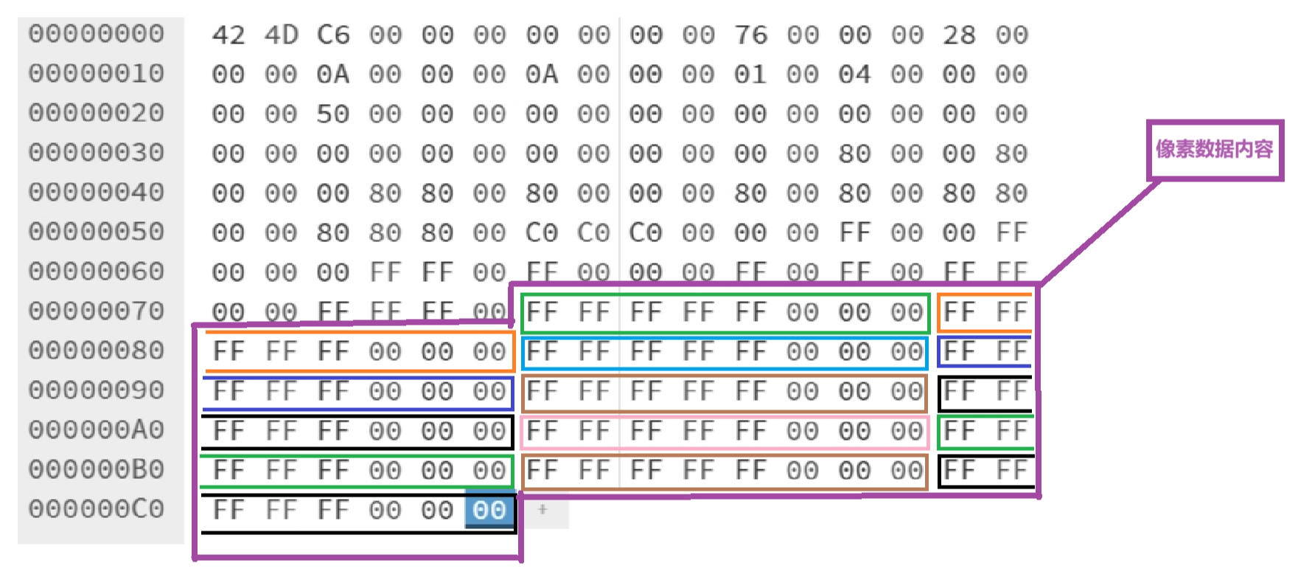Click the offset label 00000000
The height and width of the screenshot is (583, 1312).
(x=97, y=34)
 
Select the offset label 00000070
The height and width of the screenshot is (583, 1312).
(x=97, y=311)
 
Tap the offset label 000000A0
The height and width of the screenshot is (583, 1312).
(x=97, y=430)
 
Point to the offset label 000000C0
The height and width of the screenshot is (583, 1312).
(x=97, y=509)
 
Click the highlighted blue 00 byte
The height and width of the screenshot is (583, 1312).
(x=489, y=510)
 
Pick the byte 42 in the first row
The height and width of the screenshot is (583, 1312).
(x=228, y=35)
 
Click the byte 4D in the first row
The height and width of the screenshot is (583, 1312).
(x=281, y=35)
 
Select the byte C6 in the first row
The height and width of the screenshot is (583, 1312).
(x=333, y=35)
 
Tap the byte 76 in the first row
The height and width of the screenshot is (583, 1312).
(x=750, y=35)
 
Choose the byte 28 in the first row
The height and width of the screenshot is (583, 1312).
(x=959, y=35)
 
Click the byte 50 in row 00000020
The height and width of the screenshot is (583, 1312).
(x=333, y=114)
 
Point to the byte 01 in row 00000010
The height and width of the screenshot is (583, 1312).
(x=750, y=75)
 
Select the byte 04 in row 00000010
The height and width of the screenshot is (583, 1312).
(x=855, y=75)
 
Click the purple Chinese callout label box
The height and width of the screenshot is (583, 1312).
(x=1215, y=150)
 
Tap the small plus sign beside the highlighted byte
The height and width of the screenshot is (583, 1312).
(x=542, y=509)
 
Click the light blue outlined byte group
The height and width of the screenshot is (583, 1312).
(x=723, y=352)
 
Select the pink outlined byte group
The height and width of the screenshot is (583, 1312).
(x=723, y=432)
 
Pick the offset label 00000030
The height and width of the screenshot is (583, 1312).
(x=97, y=153)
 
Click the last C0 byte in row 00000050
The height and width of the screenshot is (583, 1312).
(x=646, y=233)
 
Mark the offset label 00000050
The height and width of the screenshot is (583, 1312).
(x=97, y=232)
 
